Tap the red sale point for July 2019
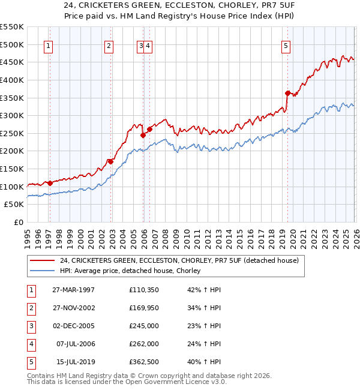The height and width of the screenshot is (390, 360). point(287,93)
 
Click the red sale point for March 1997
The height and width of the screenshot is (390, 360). point(50,183)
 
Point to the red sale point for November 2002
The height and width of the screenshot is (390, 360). point(110,161)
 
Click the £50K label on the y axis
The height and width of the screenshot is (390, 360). point(14,205)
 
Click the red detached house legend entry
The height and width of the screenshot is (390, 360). point(175,260)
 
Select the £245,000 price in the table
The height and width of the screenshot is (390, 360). point(143,326)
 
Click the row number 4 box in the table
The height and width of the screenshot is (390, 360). point(30,344)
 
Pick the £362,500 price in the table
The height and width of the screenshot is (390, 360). point(143,361)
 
